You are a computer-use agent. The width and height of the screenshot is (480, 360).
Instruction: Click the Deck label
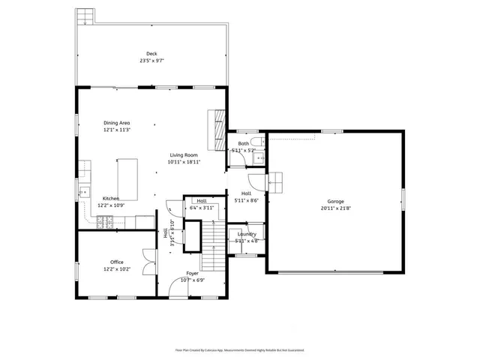pos(151,53)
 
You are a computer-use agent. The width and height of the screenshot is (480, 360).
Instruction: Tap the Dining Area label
pos(117,122)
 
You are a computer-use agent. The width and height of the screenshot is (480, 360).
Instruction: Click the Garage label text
pos(335,201)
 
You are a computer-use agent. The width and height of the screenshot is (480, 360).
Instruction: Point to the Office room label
pos(117,262)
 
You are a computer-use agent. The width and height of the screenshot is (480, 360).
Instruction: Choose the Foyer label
pos(193,274)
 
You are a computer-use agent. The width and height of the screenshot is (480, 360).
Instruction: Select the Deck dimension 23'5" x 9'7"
pos(151,60)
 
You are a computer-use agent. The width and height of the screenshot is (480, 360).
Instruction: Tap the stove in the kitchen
pos(106,221)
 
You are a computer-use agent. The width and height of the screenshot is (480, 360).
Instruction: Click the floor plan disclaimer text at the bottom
pos(240,349)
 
